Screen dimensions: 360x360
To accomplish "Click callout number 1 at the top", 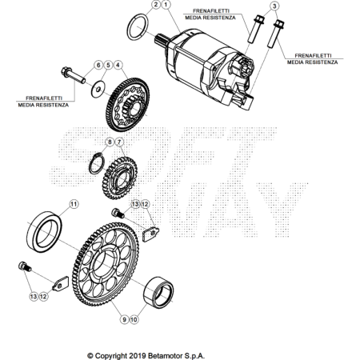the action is (166, 5).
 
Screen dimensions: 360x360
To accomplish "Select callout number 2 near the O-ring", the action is (156, 5).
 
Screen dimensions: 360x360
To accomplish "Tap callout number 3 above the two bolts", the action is (274, 6).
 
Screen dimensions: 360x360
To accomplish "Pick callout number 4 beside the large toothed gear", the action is (118, 65).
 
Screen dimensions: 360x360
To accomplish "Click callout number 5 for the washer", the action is (108, 65).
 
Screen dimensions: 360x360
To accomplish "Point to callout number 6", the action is (98, 65).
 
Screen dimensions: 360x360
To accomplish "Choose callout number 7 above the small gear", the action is (119, 142).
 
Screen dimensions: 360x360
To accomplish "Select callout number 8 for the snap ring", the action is (110, 142).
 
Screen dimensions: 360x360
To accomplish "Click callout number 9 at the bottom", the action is (124, 319).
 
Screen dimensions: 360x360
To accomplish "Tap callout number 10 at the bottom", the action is (134, 319).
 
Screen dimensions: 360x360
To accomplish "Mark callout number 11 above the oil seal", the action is (74, 204).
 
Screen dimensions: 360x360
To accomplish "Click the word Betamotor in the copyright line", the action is (162, 356).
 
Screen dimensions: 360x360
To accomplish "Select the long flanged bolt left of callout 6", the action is (73, 75).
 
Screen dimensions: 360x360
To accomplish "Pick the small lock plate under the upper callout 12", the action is (150, 234).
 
